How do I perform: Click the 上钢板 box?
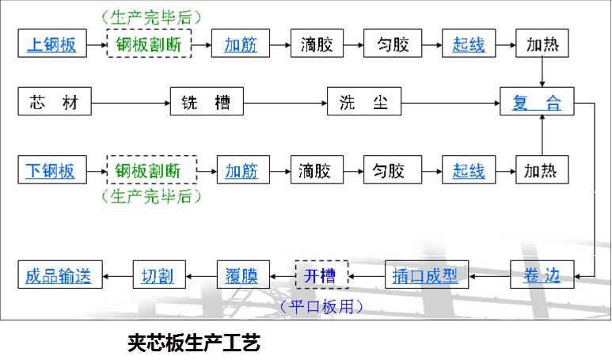(x=52, y=44)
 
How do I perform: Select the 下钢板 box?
(x=52, y=170)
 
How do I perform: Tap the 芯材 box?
(x=54, y=102)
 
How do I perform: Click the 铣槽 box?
(x=207, y=102)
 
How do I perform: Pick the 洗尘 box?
(x=363, y=102)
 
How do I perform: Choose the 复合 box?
(x=537, y=103)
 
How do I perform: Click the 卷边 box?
(x=542, y=275)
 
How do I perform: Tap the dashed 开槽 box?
(x=320, y=275)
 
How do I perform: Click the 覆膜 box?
(x=242, y=275)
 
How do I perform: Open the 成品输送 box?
(x=59, y=275)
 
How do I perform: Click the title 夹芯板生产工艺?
(x=194, y=343)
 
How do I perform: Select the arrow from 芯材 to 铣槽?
(x=130, y=102)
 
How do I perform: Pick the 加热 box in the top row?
(x=542, y=44)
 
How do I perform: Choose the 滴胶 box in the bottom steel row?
(x=319, y=170)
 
